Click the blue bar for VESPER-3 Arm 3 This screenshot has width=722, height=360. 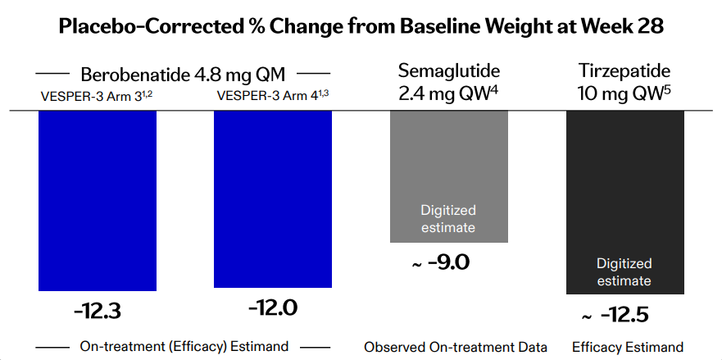pos(98,201)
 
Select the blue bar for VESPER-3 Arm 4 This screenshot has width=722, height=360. pos(273,199)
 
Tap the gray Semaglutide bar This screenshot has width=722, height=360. pos(449,176)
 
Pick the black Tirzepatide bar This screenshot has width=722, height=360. pos(624,203)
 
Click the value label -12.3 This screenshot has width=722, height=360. pos(98,312)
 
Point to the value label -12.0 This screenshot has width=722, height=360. pos(273,308)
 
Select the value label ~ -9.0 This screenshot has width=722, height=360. pos(440,262)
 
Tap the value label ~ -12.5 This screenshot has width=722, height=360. pos(615,315)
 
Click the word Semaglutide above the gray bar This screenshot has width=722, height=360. pos(449,71)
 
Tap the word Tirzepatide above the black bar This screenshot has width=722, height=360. pos(624,71)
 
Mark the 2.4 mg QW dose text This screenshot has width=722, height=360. pos(449,93)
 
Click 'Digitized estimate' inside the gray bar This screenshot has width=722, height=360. pos(448,218)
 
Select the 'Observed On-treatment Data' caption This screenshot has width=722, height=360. pos(456,347)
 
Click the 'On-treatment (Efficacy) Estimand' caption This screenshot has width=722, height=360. pos(184,346)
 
